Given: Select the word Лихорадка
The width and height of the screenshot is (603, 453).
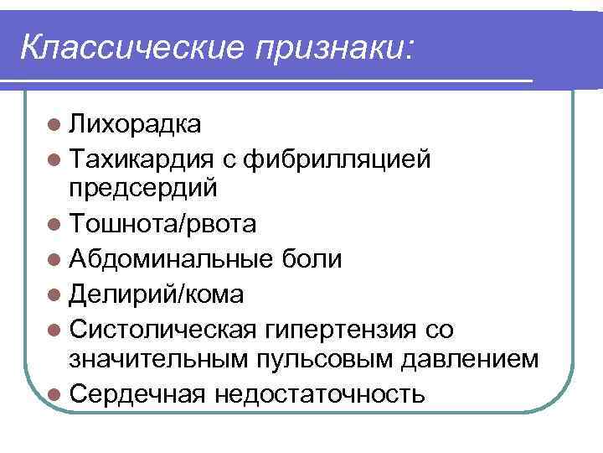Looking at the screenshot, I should [x=135, y=125].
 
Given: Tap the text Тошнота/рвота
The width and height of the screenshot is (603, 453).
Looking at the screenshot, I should [x=163, y=224].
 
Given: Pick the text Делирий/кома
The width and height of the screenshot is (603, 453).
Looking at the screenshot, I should [x=157, y=294].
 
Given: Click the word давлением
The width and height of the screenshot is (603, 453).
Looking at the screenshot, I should [x=468, y=360].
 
